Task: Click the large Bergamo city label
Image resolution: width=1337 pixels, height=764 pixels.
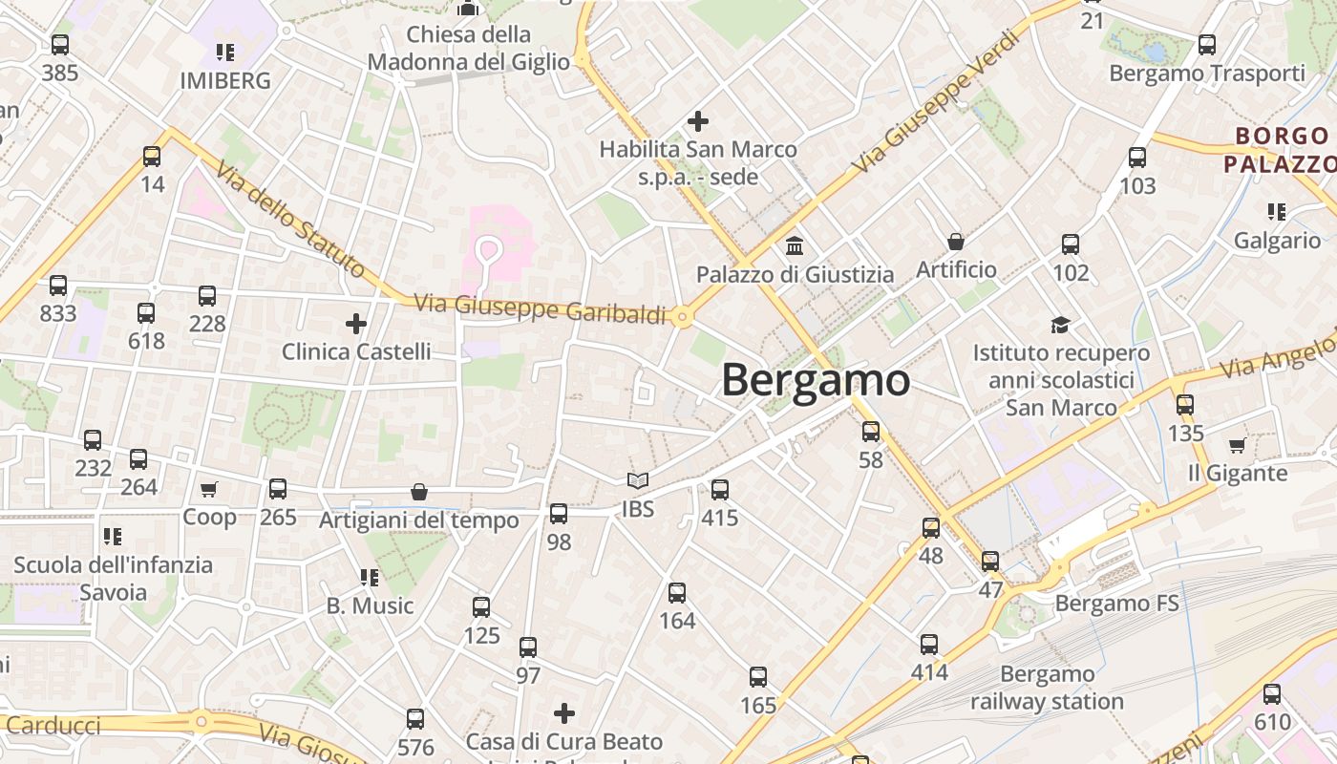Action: (x=816, y=380)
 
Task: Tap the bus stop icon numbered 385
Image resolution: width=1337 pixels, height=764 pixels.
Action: (x=60, y=44)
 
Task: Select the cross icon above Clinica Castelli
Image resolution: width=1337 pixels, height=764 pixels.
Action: (x=356, y=324)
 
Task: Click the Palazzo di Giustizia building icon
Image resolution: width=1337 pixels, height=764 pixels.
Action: (x=794, y=246)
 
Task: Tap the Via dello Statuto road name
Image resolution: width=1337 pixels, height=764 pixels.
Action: (x=289, y=220)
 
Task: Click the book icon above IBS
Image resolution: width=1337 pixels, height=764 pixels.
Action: (x=637, y=481)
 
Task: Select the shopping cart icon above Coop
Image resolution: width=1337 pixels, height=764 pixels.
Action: (x=209, y=490)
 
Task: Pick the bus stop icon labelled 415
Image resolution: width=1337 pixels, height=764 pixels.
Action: (x=720, y=490)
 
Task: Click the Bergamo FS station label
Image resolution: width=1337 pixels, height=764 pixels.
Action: (x=1116, y=604)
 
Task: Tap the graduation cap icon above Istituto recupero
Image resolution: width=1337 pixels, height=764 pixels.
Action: (x=1060, y=325)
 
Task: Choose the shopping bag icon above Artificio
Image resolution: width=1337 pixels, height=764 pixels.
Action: (x=955, y=242)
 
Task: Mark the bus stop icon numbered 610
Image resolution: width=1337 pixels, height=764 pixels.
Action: (x=1272, y=694)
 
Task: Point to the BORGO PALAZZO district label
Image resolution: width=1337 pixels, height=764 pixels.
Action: (x=1280, y=150)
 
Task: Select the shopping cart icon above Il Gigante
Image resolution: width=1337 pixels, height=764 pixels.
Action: (x=1237, y=445)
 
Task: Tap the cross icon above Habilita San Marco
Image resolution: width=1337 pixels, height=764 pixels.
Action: (x=698, y=121)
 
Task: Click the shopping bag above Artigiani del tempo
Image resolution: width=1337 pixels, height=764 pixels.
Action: (x=418, y=492)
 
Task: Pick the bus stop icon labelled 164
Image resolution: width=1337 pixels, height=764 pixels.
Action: (x=677, y=593)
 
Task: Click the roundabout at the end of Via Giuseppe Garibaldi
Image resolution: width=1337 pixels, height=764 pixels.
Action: (x=682, y=317)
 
